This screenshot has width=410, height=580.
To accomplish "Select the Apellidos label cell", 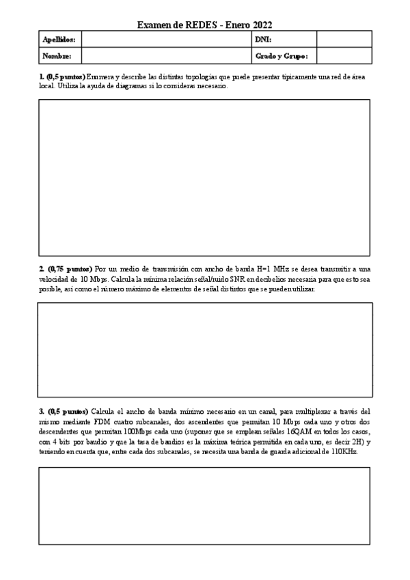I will tap(59, 40).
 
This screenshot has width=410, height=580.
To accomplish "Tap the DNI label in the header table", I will tap(263, 40).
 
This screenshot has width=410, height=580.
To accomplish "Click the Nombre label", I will tap(57, 56).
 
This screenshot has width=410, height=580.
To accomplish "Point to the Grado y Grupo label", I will tap(282, 56).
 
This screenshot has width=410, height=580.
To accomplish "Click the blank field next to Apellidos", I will tap(165, 40).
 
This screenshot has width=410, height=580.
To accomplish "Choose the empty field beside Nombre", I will tap(165, 56).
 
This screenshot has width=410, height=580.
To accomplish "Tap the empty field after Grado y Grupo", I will tap(344, 56).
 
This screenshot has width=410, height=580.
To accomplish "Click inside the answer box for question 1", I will tap(204, 177).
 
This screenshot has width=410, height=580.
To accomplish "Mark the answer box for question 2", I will tap(204, 350).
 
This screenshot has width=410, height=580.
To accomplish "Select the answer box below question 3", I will tap(204, 505).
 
